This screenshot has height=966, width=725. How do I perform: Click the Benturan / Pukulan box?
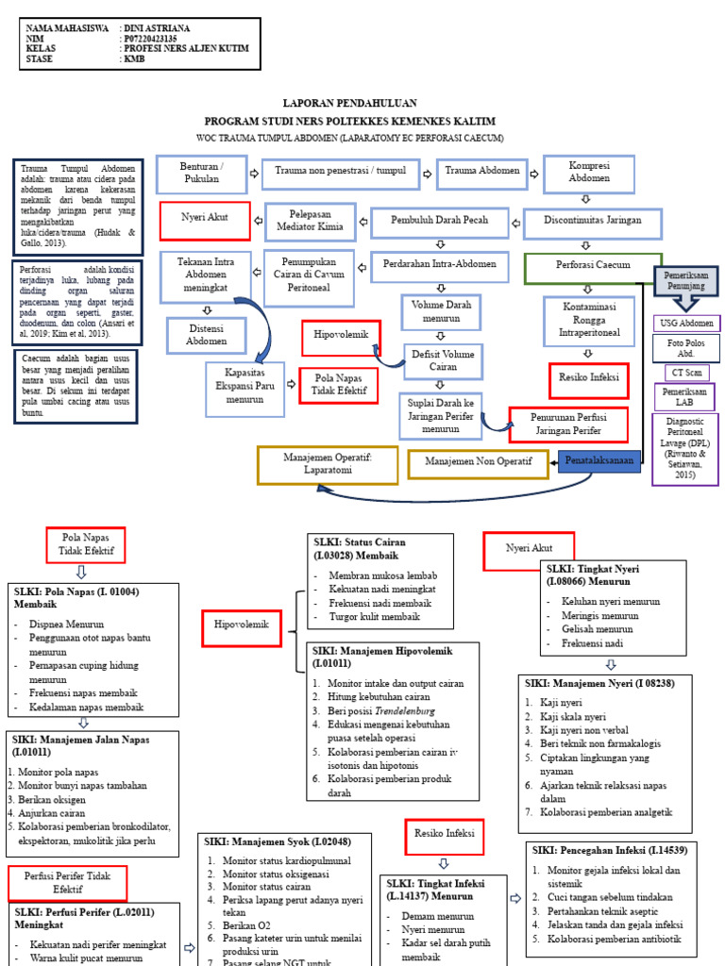[199, 173]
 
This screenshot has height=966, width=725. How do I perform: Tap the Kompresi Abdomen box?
[588, 173]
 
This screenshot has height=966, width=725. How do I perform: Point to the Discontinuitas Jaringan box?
[593, 221]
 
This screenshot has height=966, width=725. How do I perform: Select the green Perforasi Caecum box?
[592, 267]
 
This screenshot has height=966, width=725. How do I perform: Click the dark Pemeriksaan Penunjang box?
[686, 279]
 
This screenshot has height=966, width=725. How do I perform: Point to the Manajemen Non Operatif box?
[479, 462]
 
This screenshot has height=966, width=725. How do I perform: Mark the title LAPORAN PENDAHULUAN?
[349, 103]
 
